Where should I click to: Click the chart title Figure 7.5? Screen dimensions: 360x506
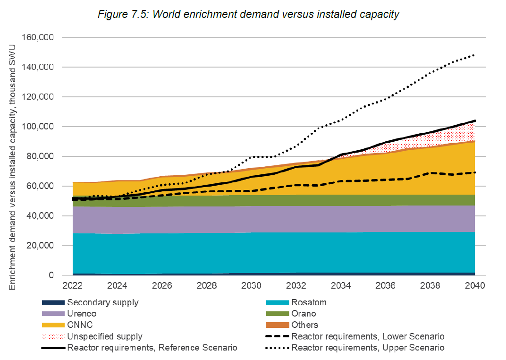248,14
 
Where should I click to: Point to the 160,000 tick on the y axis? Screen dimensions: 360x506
39,37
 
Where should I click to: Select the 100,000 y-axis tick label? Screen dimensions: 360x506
39,127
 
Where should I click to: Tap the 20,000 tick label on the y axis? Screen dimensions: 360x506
42,246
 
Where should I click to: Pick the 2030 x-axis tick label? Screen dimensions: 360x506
251,286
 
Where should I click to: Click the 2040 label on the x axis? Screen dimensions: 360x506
475,286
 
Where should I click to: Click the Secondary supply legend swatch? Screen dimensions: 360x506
52,302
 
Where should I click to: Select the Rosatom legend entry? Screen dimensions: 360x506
309,302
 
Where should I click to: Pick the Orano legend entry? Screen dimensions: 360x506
304,314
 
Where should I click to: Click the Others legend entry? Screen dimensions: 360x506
305,325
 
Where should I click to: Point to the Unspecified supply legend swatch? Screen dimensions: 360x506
52,336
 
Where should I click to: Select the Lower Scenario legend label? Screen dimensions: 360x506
368,336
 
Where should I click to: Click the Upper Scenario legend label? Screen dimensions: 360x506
368,348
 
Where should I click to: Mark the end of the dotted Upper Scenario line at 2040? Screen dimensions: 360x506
474,55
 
